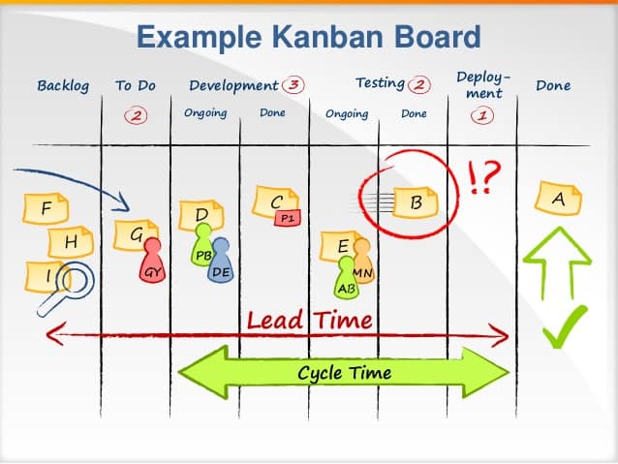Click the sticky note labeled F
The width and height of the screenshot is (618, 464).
(46, 208)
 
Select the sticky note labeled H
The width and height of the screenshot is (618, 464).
(71, 241)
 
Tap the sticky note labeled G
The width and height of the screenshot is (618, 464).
(136, 233)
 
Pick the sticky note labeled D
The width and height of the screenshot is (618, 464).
(201, 214)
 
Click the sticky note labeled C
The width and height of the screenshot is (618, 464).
(275, 201)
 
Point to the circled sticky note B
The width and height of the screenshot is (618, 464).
(416, 202)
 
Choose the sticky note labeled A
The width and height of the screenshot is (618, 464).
(558, 199)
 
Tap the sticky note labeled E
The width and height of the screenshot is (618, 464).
(342, 246)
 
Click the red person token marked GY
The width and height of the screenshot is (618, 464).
(151, 264)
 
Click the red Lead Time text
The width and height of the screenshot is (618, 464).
(309, 320)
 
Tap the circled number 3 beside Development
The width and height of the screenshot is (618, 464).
(292, 84)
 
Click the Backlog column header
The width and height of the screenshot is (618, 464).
(63, 85)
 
